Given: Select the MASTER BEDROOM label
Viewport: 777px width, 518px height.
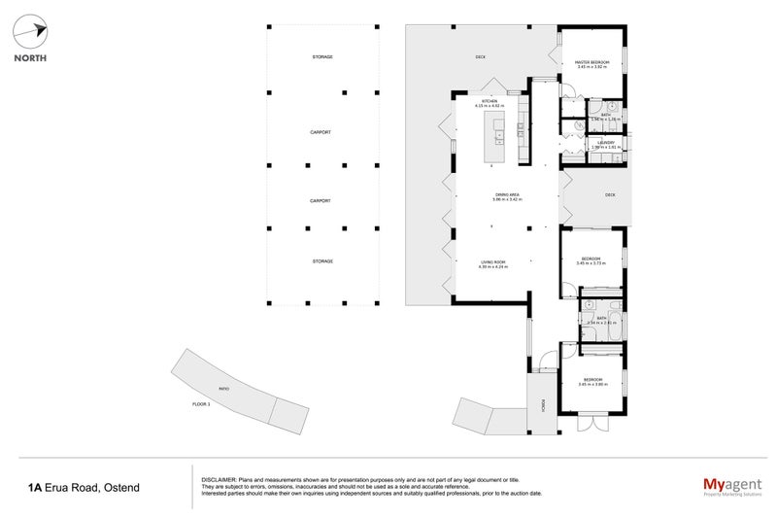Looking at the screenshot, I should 591,61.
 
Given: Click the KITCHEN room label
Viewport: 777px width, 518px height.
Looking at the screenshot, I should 490,101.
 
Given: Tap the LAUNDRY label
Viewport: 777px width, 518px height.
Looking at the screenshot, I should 606,142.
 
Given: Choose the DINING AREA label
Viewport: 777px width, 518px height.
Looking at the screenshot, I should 507,194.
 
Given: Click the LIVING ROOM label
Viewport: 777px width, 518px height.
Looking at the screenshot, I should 493,261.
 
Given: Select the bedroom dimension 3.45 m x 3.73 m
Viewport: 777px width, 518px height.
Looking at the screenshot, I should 591,263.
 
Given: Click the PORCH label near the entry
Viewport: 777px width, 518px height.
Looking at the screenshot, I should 543,404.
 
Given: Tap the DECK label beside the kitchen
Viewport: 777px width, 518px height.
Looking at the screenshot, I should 480,56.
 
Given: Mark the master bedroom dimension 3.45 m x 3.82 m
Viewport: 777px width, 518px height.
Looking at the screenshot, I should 591,67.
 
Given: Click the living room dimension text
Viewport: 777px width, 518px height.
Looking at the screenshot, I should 493,267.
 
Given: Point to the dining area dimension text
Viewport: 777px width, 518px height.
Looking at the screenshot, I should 507,200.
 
